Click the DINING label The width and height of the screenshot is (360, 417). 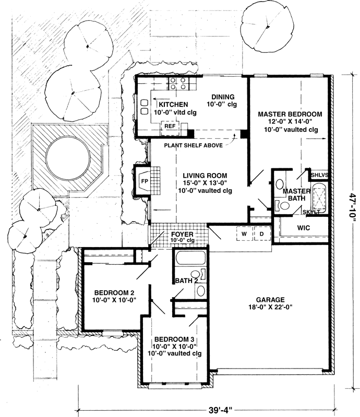coord(223,96)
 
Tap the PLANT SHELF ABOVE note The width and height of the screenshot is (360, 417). coord(193,145)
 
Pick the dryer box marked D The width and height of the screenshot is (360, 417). coord(261,234)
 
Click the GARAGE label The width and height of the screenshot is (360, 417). coord(270,300)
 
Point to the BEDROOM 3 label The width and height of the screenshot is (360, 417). coord(175,339)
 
